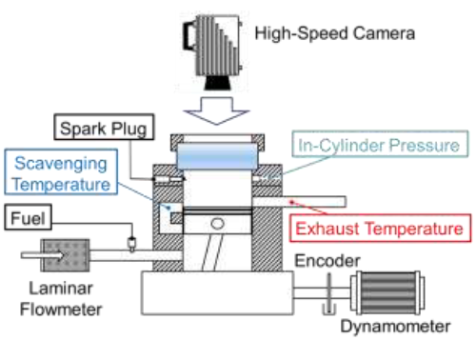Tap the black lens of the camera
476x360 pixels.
tap(217, 83)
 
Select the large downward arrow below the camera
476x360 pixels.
tap(216, 110)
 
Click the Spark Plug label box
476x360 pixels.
tap(104, 127)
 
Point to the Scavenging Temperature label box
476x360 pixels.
tap(61, 171)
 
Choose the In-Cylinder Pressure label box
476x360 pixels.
tap(380, 144)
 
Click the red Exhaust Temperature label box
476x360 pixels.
tap(380, 229)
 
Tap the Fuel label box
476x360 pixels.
tap(28, 217)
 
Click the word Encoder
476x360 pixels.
tap(327, 261)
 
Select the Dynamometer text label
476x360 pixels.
tap(395, 326)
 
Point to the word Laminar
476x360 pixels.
tap(61, 289)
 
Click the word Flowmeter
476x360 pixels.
tap(61, 310)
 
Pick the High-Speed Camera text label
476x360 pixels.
tap(335, 33)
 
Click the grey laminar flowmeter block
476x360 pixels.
tap(66, 255)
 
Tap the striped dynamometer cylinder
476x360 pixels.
tap(387, 292)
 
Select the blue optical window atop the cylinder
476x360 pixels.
tap(217, 156)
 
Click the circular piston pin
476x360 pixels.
tap(217, 224)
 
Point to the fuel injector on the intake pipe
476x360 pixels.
tap(131, 244)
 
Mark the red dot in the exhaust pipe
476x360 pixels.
tap(292, 202)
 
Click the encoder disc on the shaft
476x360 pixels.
tap(329, 293)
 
